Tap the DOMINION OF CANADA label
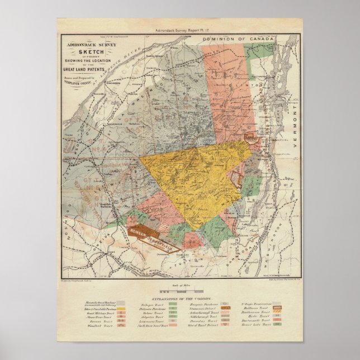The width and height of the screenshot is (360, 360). pos(244,38)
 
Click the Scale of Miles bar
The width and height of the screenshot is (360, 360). pos(179,292)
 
